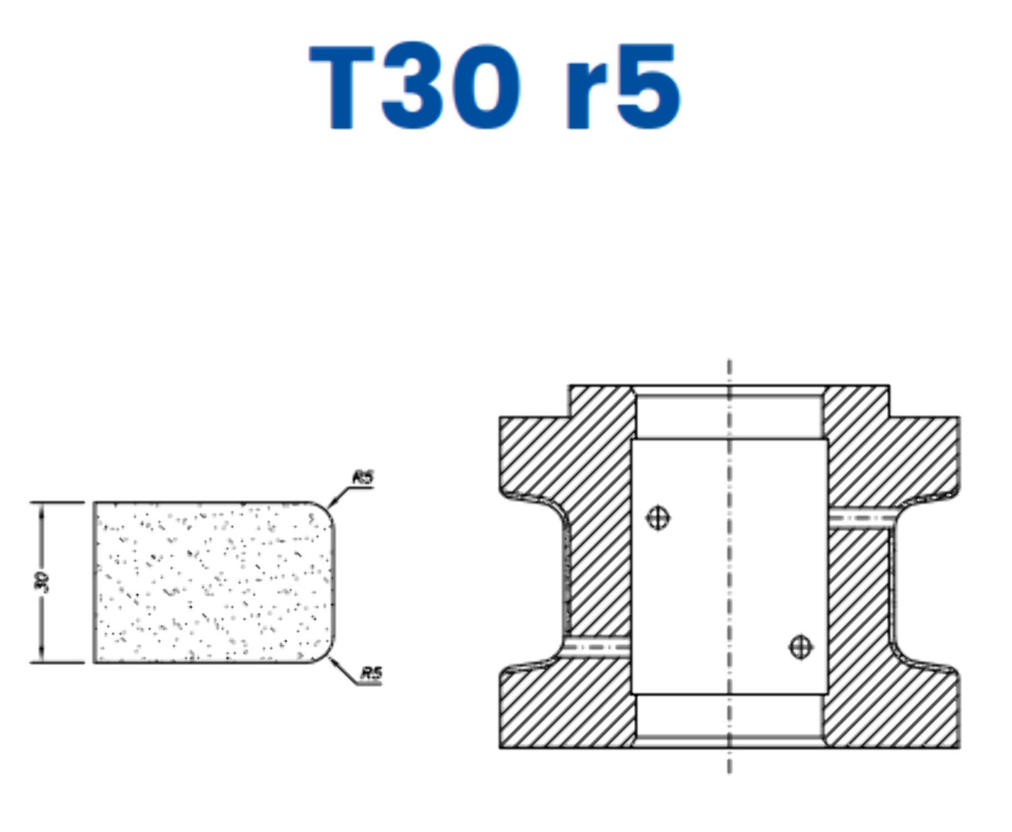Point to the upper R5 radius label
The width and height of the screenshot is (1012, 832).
363,478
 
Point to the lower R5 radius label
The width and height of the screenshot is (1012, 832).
371,674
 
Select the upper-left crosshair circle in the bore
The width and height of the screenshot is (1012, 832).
658,518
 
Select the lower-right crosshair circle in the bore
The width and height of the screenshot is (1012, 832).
800,646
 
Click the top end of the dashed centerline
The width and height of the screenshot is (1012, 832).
729,363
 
